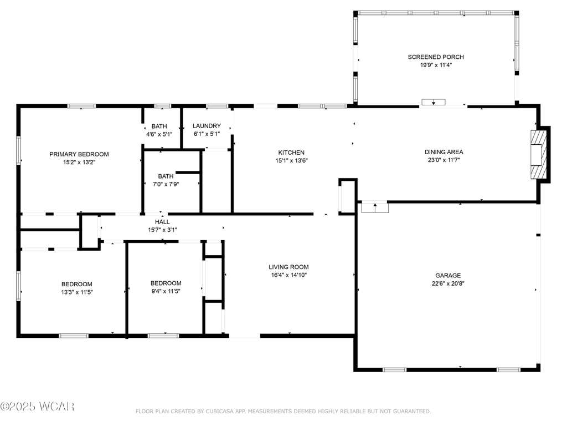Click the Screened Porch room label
tap(436, 57)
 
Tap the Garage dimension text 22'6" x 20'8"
tap(448, 283)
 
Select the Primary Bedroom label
tap(79, 154)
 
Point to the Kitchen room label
tap(291, 153)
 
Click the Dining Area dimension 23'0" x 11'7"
tap(444, 160)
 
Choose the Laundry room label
tap(207, 126)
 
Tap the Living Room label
tap(288, 267)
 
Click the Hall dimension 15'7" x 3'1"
tap(162, 230)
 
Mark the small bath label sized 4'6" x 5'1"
tap(159, 126)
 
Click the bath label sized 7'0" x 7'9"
tap(166, 176)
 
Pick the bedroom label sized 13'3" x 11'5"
tap(76, 285)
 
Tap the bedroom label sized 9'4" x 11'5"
tap(166, 283)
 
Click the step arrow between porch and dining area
tap(433, 103)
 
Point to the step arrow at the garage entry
tap(375, 207)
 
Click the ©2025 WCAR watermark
tap(37, 407)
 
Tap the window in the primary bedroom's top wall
tap(81, 106)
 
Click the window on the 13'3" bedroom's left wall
tap(18, 286)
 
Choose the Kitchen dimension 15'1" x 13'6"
tap(291, 160)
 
